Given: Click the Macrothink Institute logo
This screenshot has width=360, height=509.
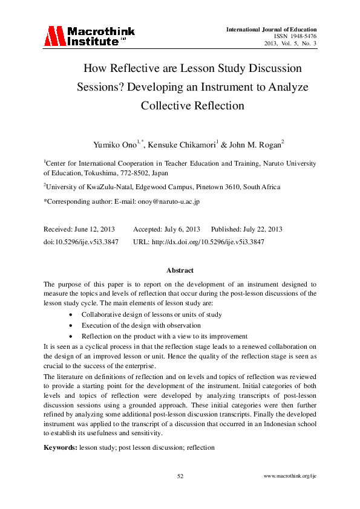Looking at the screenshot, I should (x=89, y=36).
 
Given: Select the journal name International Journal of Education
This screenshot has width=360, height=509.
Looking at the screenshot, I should (x=271, y=29).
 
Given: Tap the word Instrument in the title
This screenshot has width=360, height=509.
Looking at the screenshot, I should (x=228, y=87).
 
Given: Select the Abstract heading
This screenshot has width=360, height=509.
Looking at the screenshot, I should (x=180, y=271).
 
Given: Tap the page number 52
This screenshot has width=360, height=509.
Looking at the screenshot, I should (x=180, y=477).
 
